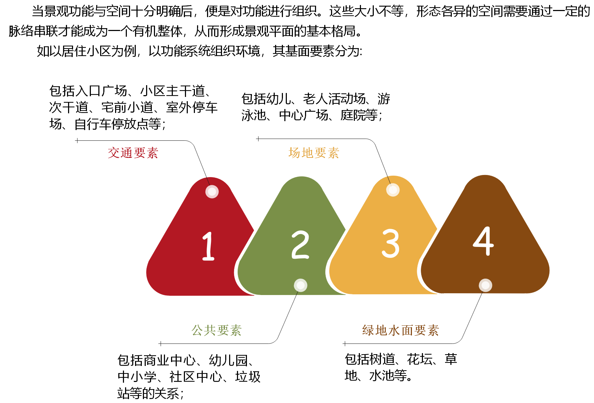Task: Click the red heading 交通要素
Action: [133, 153]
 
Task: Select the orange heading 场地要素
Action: [314, 153]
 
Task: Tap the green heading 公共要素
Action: [216, 330]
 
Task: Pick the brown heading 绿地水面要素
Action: [401, 330]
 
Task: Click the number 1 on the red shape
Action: [208, 246]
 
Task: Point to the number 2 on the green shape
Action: [300, 244]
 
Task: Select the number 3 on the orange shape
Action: [391, 243]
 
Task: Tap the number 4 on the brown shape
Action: [484, 241]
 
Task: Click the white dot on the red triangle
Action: [212, 192]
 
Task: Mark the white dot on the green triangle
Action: [300, 285]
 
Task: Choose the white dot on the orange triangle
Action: [393, 190]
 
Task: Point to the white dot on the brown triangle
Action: [485, 285]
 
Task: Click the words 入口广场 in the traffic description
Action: [101, 91]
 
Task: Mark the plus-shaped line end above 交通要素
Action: [77, 140]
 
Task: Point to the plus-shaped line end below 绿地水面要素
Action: [345, 343]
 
